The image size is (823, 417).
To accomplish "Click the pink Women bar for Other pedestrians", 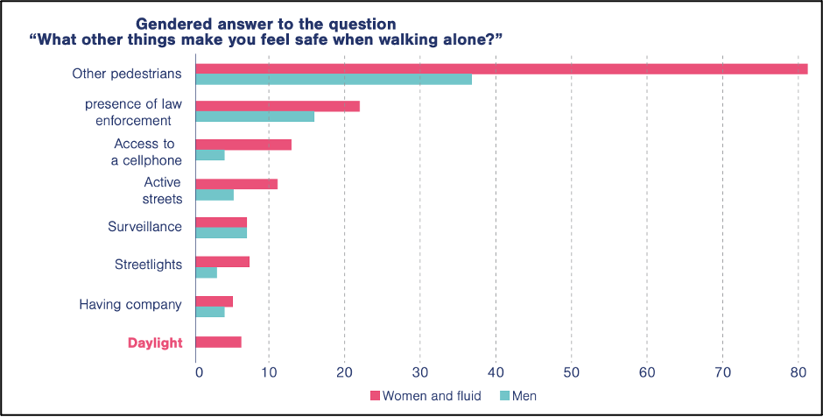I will (x=499, y=68).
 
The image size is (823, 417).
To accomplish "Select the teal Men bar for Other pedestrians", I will (x=333, y=80).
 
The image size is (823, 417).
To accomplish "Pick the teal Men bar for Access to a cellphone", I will (x=209, y=155).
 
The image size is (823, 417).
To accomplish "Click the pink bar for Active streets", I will (x=236, y=184).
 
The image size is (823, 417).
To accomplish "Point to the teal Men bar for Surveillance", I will (x=221, y=233).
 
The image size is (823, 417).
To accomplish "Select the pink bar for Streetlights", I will (x=222, y=262).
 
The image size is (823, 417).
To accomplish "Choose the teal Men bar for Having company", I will (x=209, y=312).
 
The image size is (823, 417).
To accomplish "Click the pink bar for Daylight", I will (x=218, y=342).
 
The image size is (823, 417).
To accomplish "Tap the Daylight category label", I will (x=155, y=343).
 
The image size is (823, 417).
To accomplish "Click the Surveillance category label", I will (x=144, y=227).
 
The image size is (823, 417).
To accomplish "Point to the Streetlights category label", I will (x=148, y=265).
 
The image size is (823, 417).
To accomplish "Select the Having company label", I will (x=130, y=305).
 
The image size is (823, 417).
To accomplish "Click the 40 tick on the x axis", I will (x=496, y=371).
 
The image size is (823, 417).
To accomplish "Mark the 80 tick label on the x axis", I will (x=797, y=371).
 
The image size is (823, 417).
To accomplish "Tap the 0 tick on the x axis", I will (x=199, y=371).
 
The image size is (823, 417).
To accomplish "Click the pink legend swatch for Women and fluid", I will (x=376, y=396).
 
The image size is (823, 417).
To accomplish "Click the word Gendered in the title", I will (x=169, y=23).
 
